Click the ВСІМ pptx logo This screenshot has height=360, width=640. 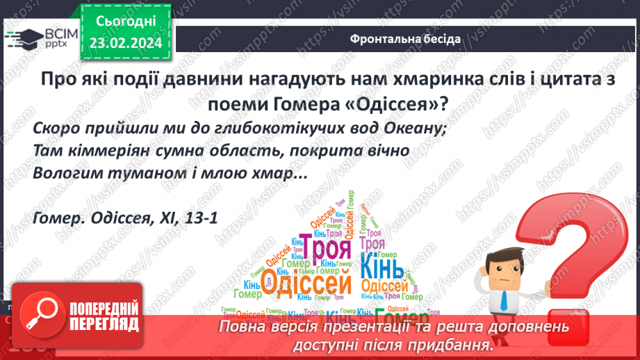(41, 37)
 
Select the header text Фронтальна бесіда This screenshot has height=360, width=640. (404, 39)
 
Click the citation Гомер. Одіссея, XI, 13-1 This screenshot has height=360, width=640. (125, 218)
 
